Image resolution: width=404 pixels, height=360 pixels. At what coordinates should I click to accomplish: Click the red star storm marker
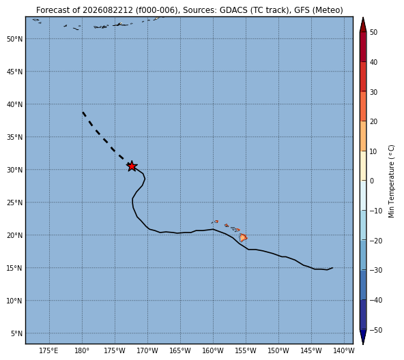point(132,166)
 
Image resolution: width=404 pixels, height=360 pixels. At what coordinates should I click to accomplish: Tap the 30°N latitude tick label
point(15,170)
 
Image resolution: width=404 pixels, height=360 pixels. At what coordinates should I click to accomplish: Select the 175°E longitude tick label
point(49,350)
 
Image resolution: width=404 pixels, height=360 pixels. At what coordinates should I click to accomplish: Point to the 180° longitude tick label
point(82,350)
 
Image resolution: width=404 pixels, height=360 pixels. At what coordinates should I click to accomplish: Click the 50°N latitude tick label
point(15,39)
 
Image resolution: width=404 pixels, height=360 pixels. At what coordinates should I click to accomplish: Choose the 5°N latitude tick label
point(16,333)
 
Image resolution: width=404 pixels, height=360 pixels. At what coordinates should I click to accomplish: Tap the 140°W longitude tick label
point(345,350)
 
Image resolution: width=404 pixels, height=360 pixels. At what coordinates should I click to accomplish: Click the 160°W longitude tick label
point(213,350)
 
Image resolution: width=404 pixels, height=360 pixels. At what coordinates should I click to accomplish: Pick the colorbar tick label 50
point(373,32)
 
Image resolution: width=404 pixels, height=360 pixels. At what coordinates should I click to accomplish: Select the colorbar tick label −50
point(376,330)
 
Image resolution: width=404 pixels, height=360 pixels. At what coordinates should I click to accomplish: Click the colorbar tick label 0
point(372,181)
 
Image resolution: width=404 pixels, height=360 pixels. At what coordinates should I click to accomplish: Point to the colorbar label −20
point(376,241)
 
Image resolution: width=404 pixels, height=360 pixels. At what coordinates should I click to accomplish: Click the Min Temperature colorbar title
point(391,181)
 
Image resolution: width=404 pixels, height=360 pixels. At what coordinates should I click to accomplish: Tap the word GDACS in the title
point(233,10)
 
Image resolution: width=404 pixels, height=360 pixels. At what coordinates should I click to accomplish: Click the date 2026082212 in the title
point(107,10)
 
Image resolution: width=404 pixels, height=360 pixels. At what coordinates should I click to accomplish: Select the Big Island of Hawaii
point(243,237)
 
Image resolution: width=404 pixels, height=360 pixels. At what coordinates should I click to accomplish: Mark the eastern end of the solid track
point(332,268)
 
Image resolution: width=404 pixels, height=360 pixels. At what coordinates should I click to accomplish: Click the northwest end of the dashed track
point(83,112)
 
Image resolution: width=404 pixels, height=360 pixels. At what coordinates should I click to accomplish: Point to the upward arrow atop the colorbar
point(363,25)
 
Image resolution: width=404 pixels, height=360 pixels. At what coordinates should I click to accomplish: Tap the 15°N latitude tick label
point(15,269)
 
